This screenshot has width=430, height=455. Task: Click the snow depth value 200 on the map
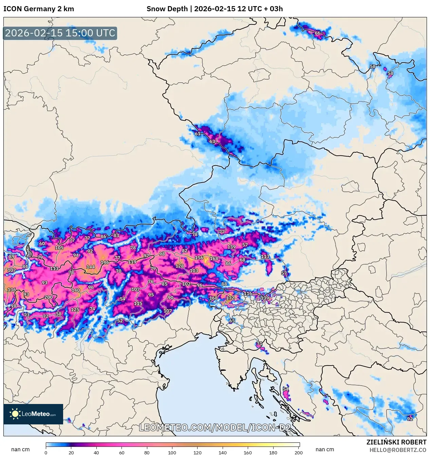point(49,297)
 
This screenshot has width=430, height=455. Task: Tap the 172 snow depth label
point(230,298)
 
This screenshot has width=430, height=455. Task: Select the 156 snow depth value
point(199,258)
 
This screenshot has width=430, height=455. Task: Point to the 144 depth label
point(91,267)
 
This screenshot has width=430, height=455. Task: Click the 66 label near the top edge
point(317,33)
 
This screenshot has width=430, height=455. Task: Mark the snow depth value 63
point(212,141)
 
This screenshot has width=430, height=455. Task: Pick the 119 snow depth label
point(132,262)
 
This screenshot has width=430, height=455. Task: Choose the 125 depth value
point(75,310)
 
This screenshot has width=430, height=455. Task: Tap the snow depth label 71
point(259,343)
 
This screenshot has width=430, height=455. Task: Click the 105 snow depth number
point(59,248)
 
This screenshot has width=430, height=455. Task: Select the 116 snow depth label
point(248,293)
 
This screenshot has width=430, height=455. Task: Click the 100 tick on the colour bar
point(172,452)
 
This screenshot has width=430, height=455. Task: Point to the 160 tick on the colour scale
point(248,452)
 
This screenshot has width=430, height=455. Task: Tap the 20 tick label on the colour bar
point(71,452)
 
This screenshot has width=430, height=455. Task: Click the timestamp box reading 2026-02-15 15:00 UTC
point(60,33)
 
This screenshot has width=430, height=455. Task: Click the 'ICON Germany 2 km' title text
point(39,9)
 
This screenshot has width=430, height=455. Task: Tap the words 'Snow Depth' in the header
point(167,9)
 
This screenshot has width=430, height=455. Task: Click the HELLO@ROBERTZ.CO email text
point(398,450)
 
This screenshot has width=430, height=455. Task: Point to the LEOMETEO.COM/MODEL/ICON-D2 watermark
point(215,427)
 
